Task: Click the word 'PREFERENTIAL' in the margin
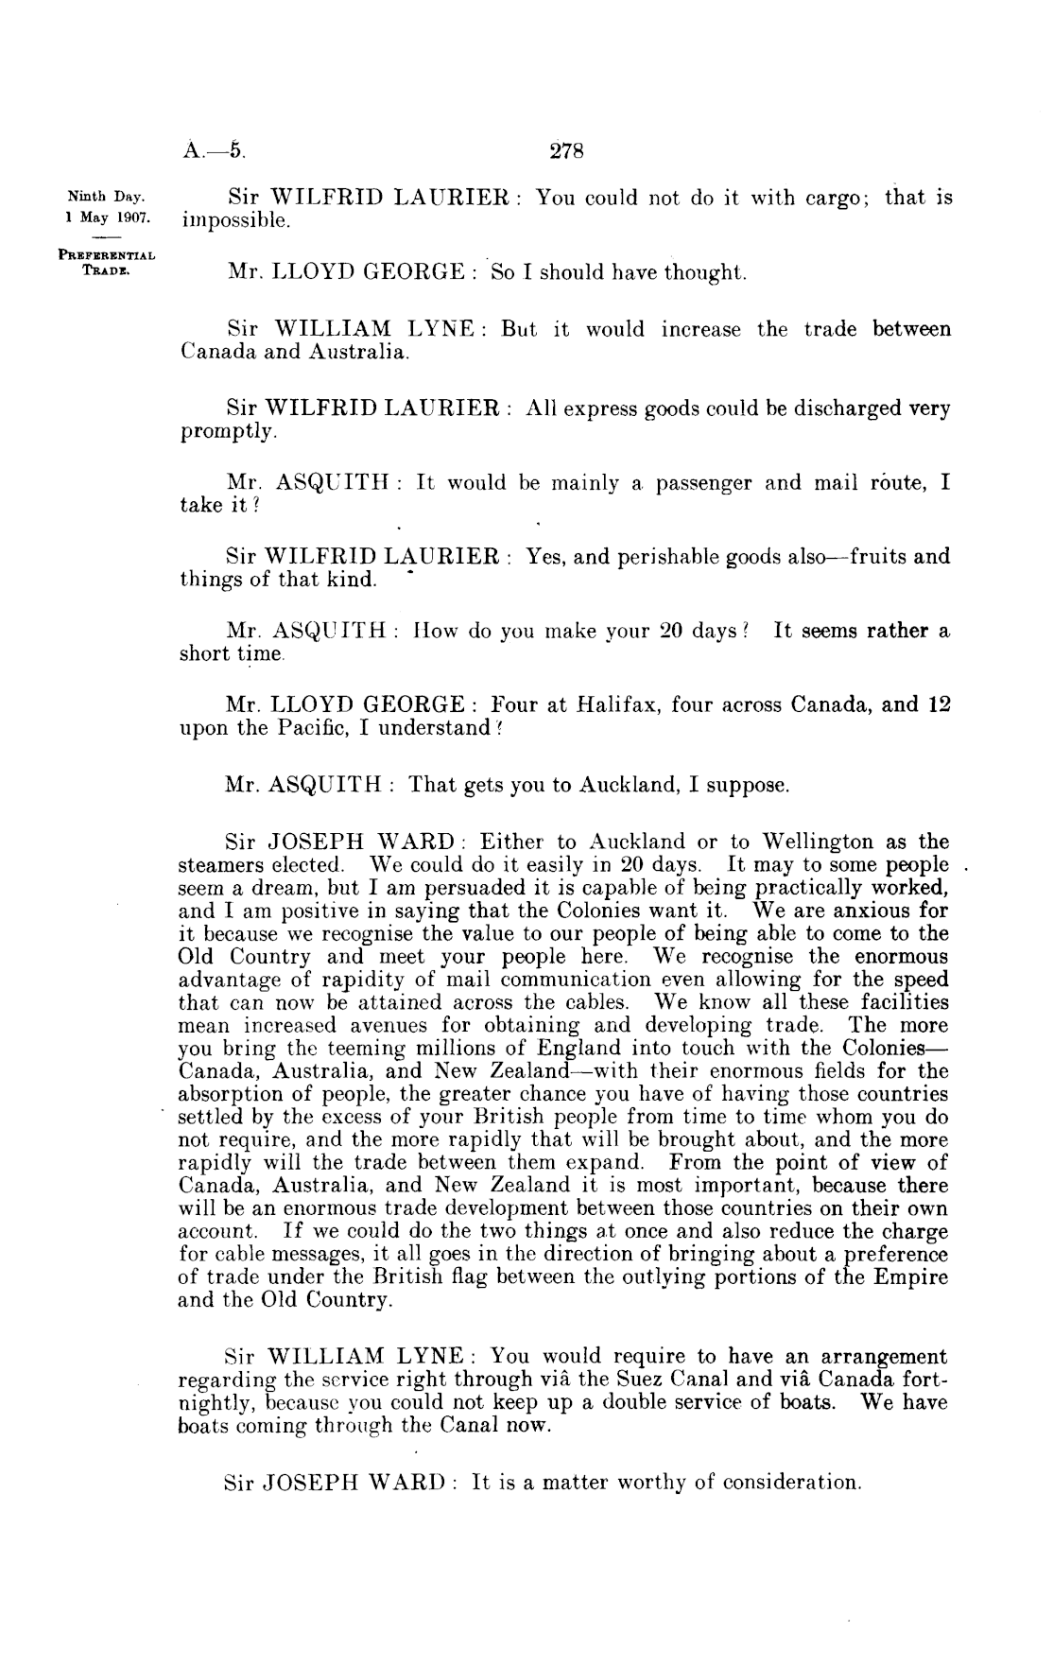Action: [x=107, y=253]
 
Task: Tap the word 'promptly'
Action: [x=227, y=433]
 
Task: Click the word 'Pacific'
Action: [x=301, y=728]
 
